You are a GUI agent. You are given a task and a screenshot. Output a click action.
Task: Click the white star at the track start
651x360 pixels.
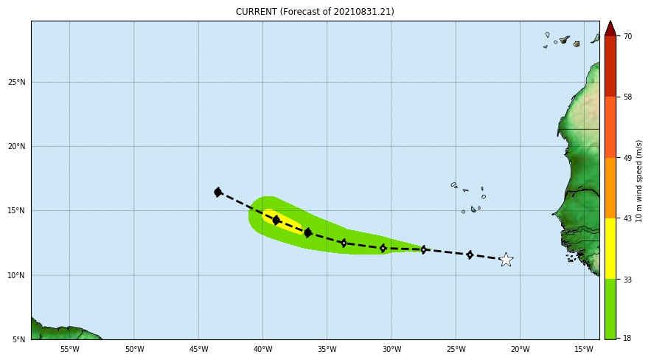(x=506, y=260)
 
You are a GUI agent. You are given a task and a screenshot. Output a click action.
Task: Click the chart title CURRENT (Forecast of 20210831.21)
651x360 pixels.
(x=315, y=12)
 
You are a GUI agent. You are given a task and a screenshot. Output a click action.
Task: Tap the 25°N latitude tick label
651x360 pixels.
(x=17, y=82)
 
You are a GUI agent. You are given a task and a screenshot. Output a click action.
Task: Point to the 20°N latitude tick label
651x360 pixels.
(x=17, y=146)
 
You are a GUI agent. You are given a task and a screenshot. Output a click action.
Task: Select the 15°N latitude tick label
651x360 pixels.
(x=17, y=211)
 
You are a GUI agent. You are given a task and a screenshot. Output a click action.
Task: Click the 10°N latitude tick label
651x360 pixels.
(x=17, y=275)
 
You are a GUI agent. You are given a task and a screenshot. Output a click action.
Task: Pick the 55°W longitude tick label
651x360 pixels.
(x=69, y=349)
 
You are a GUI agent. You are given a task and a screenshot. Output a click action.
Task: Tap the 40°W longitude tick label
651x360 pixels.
(x=262, y=349)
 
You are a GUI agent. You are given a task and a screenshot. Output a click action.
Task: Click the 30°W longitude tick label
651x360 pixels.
(x=391, y=349)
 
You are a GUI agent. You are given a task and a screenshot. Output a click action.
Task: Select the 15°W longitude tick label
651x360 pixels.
(x=584, y=349)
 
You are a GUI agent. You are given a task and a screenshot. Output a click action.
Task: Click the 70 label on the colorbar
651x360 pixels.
(x=627, y=36)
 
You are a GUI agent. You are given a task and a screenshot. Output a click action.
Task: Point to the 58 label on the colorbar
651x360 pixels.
(x=627, y=97)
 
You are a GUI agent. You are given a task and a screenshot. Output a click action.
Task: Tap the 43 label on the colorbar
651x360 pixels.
(x=627, y=218)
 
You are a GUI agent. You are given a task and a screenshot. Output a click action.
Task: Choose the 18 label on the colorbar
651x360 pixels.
(x=627, y=339)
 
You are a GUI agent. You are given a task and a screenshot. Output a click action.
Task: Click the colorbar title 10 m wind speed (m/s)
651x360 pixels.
(x=639, y=181)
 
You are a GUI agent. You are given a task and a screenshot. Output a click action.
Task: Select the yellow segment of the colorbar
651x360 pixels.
(x=610, y=248)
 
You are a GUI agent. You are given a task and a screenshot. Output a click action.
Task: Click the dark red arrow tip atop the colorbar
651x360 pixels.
(x=610, y=28)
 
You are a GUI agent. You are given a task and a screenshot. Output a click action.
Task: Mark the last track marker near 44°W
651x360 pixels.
(x=218, y=192)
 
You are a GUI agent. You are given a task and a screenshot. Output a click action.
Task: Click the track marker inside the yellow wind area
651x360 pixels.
(x=276, y=220)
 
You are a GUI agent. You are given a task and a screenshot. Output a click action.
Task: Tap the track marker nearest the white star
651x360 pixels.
(x=470, y=255)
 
